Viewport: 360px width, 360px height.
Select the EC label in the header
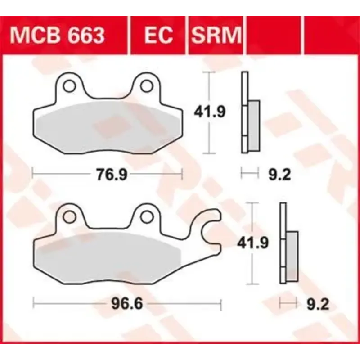click(x=158, y=35)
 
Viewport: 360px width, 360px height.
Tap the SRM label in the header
click(x=216, y=35)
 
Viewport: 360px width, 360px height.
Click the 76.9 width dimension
click(x=108, y=174)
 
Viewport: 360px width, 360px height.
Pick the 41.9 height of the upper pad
click(x=208, y=111)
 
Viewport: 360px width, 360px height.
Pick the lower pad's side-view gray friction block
click(x=292, y=257)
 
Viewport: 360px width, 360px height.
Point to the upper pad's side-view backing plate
click(x=245, y=112)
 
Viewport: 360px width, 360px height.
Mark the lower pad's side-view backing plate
click(x=283, y=243)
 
